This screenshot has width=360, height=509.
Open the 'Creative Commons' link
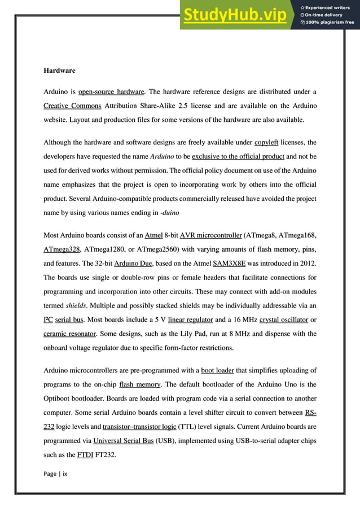coord(72,106)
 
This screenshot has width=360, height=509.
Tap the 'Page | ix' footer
coord(55,474)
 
